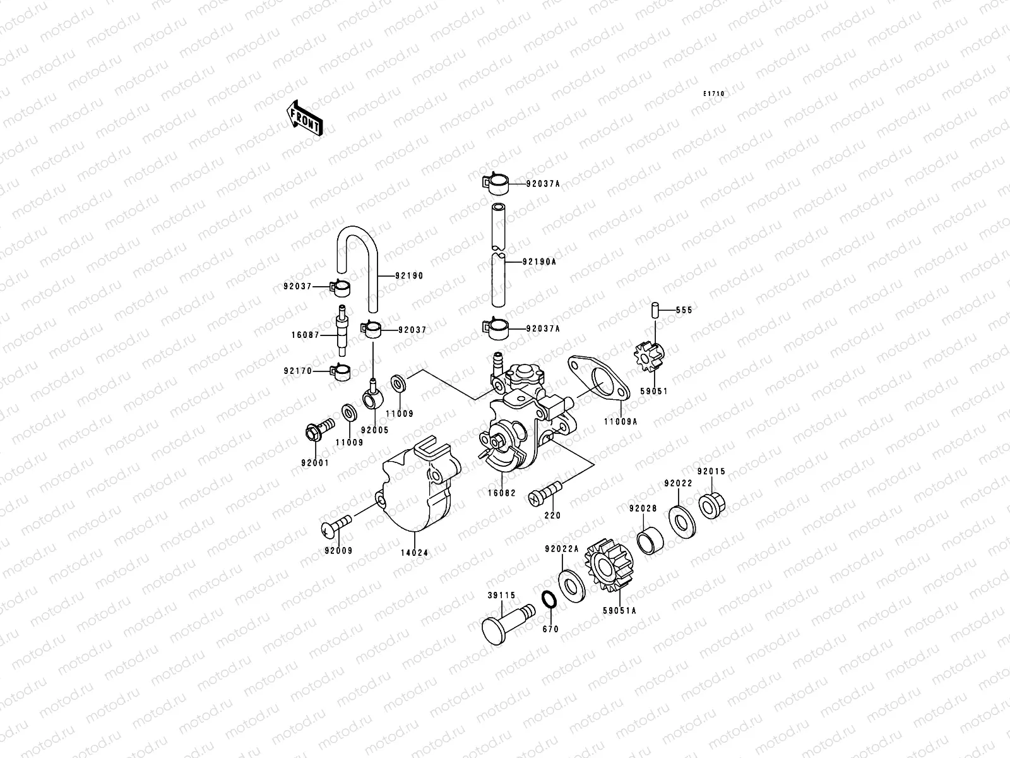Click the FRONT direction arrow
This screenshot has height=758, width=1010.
click(x=306, y=118)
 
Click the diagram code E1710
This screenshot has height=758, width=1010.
click(x=715, y=94)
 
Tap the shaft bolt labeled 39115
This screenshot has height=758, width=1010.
click(x=505, y=622)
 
